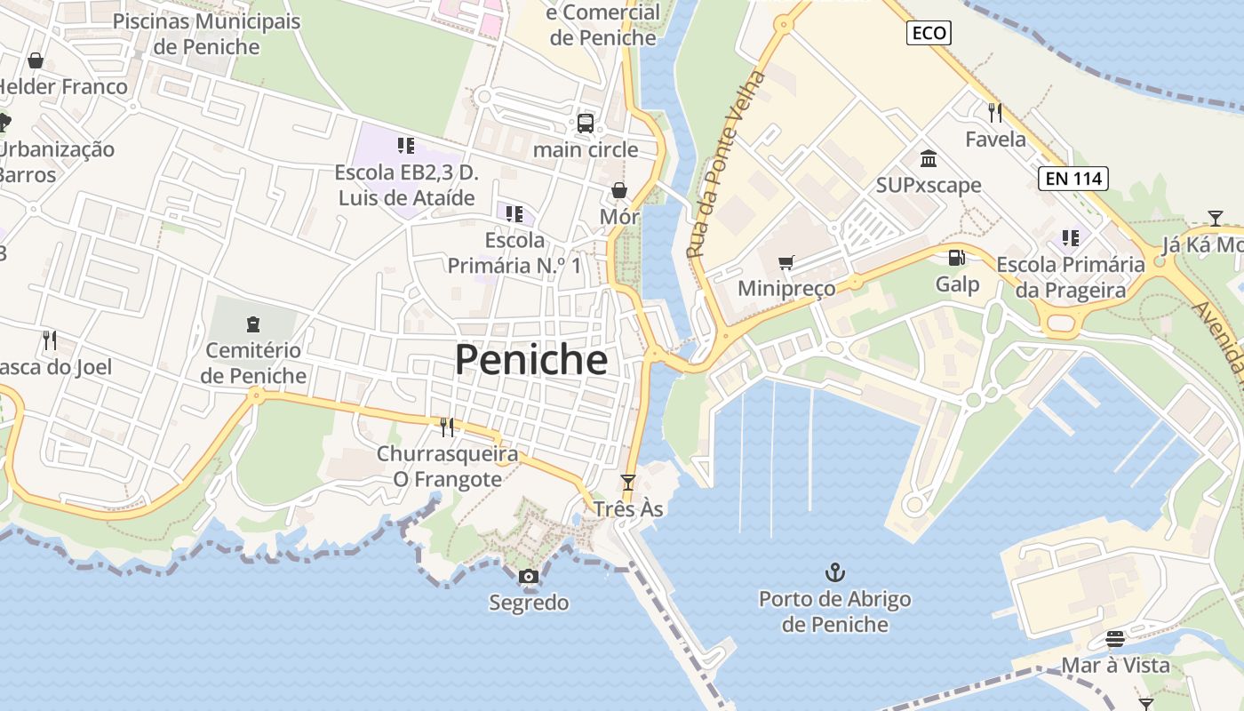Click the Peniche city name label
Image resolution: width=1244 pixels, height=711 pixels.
[x=531, y=359]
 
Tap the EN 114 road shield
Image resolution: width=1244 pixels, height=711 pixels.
[x=1073, y=179]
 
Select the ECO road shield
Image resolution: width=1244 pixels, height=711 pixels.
[x=929, y=34]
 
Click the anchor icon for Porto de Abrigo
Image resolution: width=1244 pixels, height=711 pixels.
[x=834, y=571]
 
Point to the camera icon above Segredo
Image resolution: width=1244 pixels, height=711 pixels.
[x=529, y=577]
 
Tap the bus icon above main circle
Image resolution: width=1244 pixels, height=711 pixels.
[x=586, y=124]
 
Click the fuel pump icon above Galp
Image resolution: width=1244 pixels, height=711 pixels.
[x=957, y=258]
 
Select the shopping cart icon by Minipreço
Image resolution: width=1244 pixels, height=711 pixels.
[x=785, y=262]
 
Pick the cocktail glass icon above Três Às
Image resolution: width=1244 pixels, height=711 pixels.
[x=628, y=483]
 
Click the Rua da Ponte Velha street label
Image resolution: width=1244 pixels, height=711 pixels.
[x=727, y=164]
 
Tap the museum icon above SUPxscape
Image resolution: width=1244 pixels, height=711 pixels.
[x=929, y=159]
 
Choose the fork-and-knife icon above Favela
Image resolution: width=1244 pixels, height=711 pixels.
[x=995, y=113]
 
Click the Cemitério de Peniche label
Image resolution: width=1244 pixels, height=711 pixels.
[x=253, y=363]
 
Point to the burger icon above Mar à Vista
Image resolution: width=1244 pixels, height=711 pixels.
[x=1115, y=639]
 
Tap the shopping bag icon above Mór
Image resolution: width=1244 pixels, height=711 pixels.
[x=619, y=190]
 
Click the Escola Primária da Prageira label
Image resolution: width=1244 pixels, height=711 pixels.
[x=1070, y=277]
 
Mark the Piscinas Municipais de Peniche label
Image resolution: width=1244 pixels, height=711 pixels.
[x=207, y=34]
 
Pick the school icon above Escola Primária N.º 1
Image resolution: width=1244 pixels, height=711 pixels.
[x=514, y=213]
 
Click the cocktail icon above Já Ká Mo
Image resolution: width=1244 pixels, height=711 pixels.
[x=1215, y=218]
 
